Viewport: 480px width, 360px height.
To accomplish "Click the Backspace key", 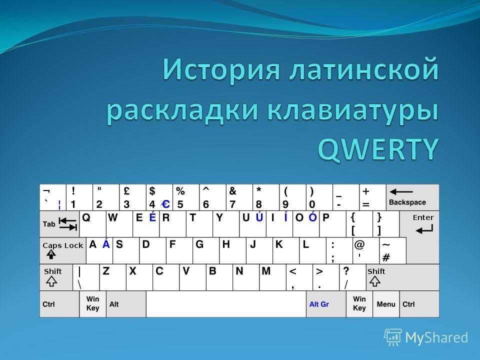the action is (412, 197).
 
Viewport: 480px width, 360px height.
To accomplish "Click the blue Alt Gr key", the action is (326, 304).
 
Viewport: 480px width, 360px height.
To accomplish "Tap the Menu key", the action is (386, 304).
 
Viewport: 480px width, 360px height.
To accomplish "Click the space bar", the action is (226, 304).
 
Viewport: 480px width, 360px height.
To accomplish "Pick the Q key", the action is (93, 224).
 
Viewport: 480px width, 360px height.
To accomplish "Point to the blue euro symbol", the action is (165, 204).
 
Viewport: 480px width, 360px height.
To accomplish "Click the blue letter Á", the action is (106, 244).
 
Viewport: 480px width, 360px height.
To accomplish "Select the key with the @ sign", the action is (366, 250).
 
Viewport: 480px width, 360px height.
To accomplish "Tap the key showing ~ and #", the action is (392, 250).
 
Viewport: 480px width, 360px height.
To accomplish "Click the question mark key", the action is (352, 277).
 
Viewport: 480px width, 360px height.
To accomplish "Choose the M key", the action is (272, 277).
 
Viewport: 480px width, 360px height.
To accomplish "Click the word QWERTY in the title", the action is (378, 149).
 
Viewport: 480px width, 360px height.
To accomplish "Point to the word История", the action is (221, 69).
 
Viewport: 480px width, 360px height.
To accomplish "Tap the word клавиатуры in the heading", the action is (353, 111).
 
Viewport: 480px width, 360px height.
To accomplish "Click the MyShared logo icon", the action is (393, 337).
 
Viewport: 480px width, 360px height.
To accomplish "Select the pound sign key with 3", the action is (132, 197).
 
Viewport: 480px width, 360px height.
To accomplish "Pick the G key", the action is (206, 250).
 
